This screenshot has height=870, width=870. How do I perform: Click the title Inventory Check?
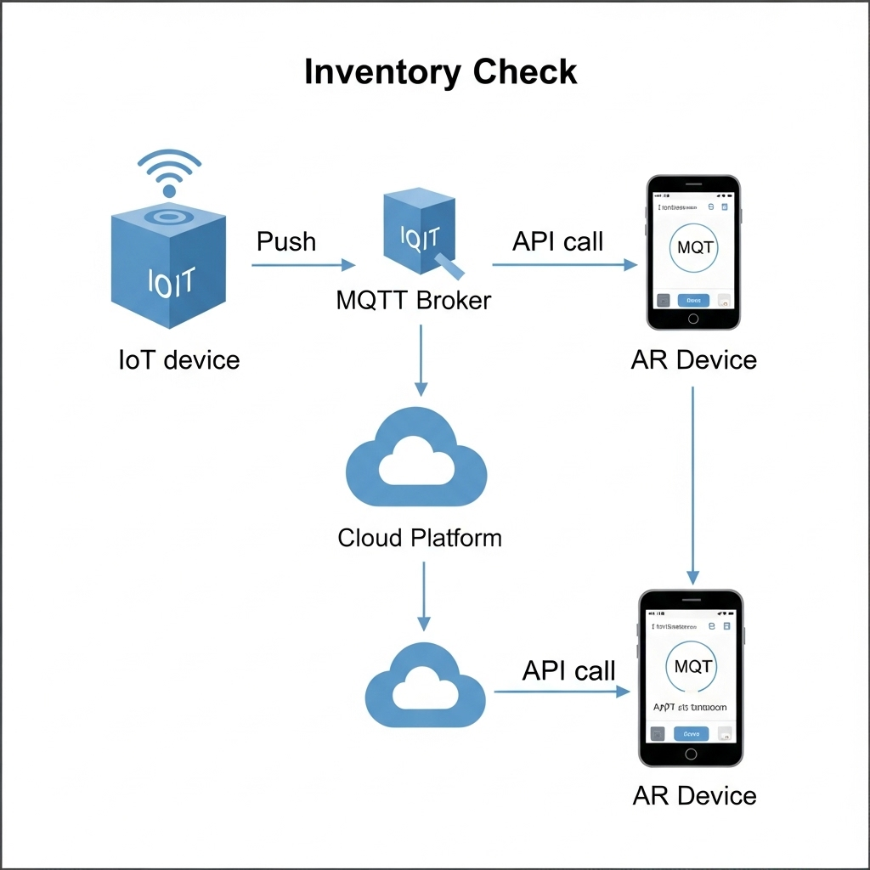click(440, 72)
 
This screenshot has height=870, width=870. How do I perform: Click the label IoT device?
click(179, 359)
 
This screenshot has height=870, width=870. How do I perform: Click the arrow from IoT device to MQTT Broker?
click(303, 265)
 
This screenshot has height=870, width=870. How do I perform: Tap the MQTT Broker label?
click(414, 300)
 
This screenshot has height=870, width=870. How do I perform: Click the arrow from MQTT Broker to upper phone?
click(564, 265)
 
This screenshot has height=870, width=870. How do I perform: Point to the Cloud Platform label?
click(420, 538)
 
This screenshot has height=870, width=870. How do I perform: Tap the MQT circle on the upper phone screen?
click(693, 248)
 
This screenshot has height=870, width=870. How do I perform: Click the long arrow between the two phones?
click(693, 484)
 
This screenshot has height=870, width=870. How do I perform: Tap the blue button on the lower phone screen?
click(691, 733)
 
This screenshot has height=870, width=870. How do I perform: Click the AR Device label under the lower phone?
click(694, 796)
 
